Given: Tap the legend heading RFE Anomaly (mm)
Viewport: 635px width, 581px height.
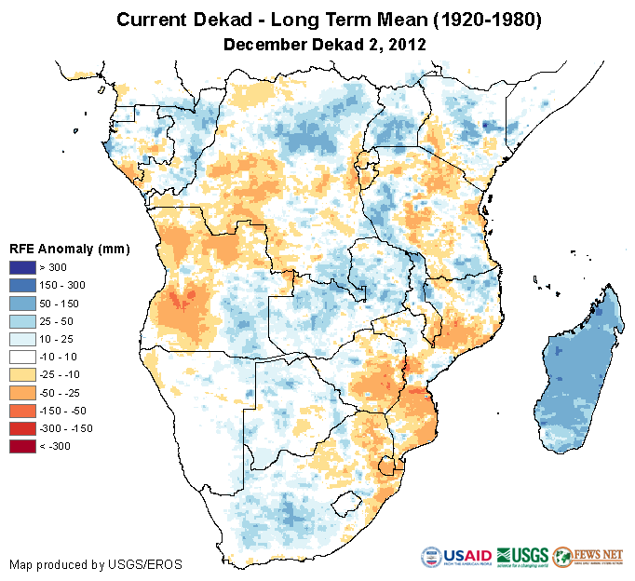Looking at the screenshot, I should click(69, 249).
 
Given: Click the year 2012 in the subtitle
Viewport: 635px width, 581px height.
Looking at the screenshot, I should click(408, 44).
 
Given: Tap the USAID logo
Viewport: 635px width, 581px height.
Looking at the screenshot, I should click(456, 558).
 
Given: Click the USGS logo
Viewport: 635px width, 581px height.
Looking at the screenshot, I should click(523, 558).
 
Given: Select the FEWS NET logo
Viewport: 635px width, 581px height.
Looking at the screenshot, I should click(589, 558).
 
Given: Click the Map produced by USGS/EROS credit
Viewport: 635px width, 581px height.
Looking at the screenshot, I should click(95, 565).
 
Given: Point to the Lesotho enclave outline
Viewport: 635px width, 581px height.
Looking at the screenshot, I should click(348, 504).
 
